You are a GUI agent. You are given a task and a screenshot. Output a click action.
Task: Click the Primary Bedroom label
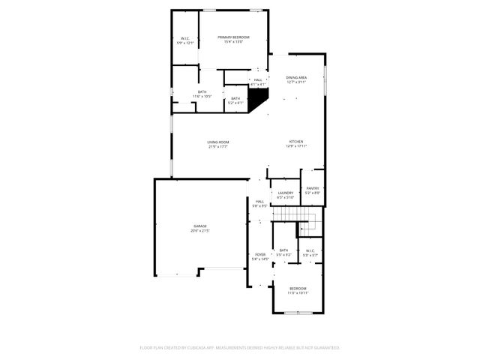tap(234, 37)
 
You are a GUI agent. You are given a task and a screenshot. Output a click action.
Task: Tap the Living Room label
tap(218, 142)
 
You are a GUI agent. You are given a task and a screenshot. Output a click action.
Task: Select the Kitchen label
tap(296, 142)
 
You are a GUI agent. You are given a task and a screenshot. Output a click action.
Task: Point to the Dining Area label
tap(296, 77)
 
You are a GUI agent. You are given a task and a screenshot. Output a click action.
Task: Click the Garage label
tap(199, 226)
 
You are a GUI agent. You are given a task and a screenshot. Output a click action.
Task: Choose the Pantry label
tap(313, 188)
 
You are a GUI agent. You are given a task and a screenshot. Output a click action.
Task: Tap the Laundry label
tap(285, 193)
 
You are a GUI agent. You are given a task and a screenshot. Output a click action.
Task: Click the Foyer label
tap(260, 254)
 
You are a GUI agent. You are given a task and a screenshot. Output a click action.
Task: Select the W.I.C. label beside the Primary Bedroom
tap(185, 38)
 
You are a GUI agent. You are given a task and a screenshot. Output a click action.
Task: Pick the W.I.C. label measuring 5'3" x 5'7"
tap(310, 250)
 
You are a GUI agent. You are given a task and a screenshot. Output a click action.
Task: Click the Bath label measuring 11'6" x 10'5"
tap(202, 91)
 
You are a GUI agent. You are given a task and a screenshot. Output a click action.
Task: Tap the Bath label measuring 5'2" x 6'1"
tap(235, 98)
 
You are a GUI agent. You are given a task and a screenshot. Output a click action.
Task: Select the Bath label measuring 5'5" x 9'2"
tap(283, 250)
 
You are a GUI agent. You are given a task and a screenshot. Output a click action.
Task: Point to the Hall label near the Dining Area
tap(258, 79)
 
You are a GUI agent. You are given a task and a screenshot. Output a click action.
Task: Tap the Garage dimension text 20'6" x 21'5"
tap(199, 230)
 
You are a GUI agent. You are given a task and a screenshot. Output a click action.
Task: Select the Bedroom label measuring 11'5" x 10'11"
tap(298, 288)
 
